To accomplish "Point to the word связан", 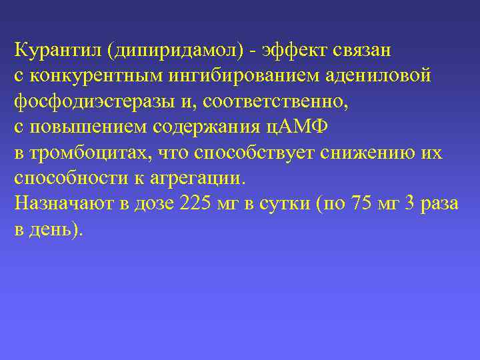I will [x=365, y=51].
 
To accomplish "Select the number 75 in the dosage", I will [x=361, y=204].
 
